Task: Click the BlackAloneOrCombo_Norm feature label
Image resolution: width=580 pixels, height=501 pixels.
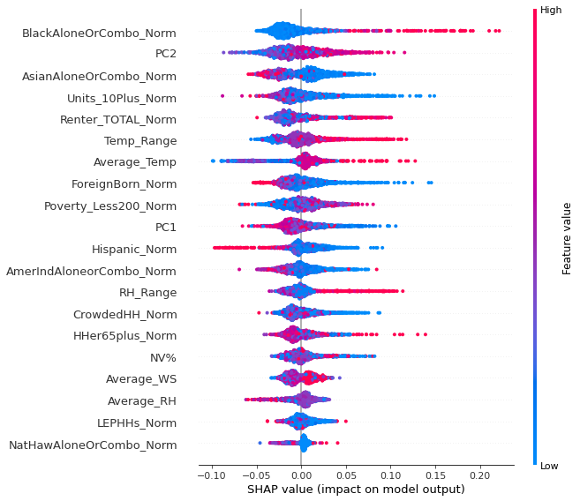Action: click(99, 34)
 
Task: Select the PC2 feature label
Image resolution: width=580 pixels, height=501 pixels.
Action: click(165, 55)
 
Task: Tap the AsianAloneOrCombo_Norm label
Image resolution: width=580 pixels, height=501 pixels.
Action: click(99, 77)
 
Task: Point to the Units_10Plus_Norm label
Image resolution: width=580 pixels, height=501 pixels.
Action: click(122, 98)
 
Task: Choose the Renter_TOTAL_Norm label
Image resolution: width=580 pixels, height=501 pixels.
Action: click(118, 120)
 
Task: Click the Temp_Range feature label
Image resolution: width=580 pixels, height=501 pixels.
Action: click(140, 141)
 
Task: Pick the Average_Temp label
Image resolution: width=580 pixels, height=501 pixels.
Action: click(135, 162)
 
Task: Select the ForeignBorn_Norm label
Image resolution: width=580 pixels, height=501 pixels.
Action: click(124, 184)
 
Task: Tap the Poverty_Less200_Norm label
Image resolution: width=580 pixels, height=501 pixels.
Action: click(110, 206)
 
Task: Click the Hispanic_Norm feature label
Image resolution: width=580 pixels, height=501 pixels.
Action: click(134, 250)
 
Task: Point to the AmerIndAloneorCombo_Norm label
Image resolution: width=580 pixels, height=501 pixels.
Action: click(91, 272)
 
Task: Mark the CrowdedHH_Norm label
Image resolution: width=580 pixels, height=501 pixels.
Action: click(126, 314)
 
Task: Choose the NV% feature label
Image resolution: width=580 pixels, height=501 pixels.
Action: click(163, 357)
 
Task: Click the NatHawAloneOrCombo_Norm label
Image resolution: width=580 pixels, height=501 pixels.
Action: click(93, 445)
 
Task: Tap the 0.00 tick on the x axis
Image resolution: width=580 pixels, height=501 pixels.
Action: click(301, 476)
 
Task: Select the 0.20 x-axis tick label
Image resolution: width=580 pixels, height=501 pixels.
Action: click(479, 476)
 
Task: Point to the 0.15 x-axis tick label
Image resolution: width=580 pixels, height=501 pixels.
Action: click(435, 476)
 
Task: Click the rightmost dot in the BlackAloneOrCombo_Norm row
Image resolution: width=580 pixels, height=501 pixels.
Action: click(499, 31)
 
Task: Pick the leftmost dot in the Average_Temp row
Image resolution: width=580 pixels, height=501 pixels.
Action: click(213, 161)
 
